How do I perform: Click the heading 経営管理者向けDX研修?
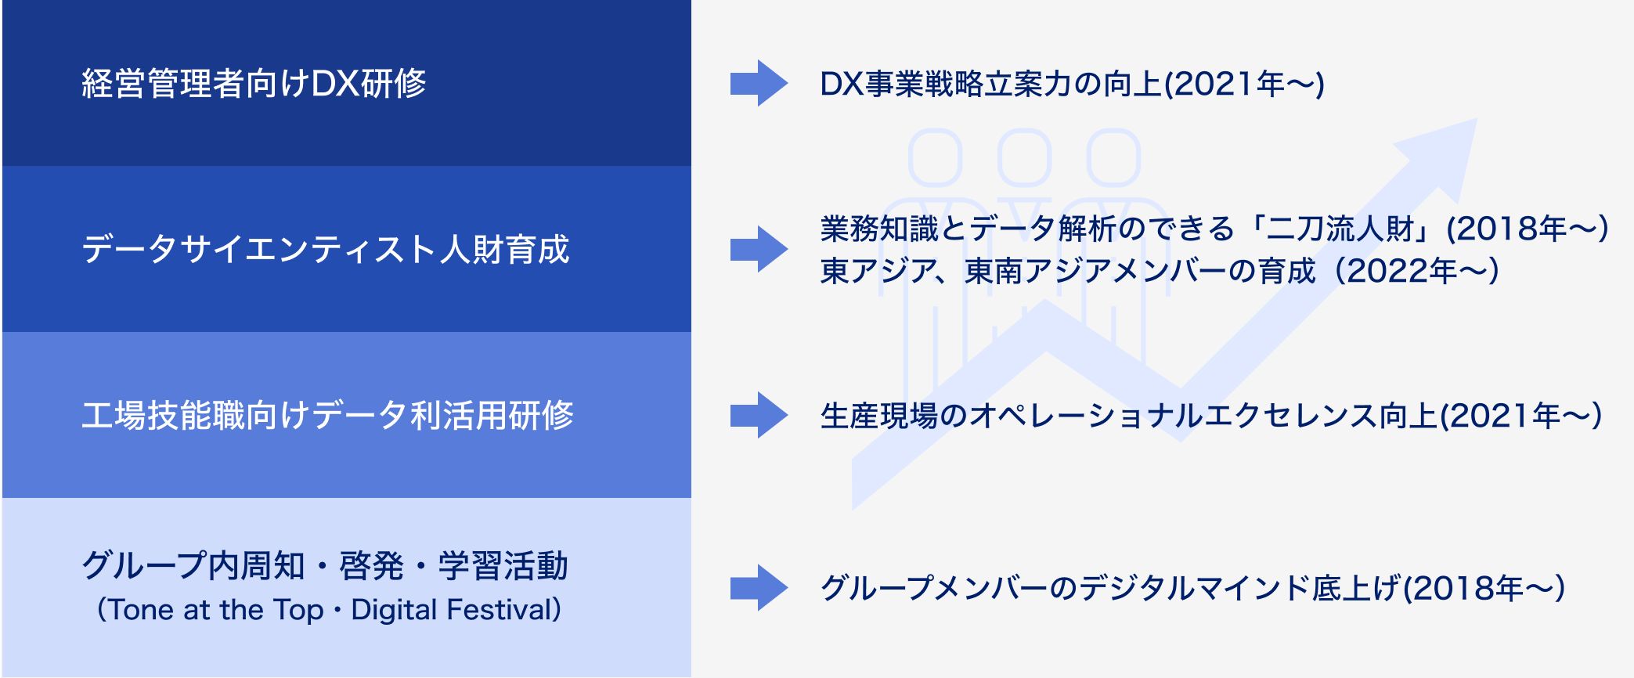254,83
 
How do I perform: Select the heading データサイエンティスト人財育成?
326,249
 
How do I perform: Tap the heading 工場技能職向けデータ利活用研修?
328,415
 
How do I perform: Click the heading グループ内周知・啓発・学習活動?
325,565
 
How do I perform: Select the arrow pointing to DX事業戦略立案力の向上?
759,83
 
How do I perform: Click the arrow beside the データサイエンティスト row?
759,249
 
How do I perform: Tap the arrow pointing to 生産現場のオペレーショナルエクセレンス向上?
759,415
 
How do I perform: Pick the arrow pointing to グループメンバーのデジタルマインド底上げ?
759,587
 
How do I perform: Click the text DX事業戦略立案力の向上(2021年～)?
1072,84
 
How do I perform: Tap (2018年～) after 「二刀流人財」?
1527,229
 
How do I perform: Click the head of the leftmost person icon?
935,157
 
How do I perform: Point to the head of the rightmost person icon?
1113,157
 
